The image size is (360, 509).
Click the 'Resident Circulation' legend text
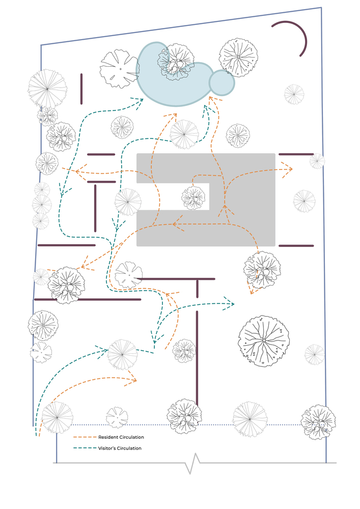tap(121, 437)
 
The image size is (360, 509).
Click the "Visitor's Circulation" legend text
tap(120, 448)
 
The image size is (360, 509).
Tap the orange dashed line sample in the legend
tap(85, 437)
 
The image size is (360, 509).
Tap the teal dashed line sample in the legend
tap(85, 448)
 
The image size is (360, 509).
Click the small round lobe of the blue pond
tap(221, 83)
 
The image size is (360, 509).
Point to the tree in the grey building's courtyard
tap(193, 197)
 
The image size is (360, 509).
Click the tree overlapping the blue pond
tap(176, 62)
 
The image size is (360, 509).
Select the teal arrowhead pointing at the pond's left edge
tap(140, 103)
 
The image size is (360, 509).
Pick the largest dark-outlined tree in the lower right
tap(264, 341)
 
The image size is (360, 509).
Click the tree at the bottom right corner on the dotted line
tap(318, 422)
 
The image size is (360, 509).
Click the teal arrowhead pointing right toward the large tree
tap(229, 303)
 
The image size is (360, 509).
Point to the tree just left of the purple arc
tap(238, 58)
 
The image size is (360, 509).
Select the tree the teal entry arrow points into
tap(122, 355)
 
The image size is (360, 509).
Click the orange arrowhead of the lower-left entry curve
tap(132, 380)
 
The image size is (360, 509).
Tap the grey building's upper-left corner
tap(136, 154)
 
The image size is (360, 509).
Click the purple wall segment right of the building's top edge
tap(296, 154)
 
